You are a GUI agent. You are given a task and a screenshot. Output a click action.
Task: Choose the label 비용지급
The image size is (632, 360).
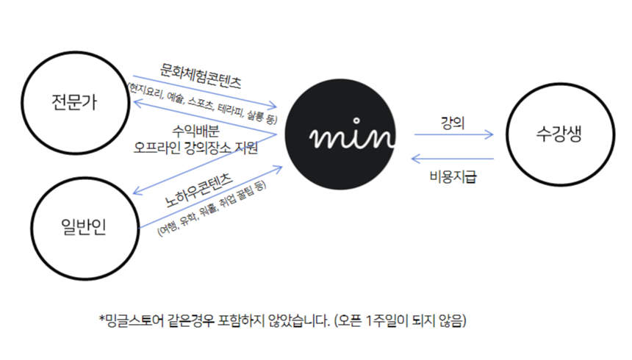pos(453,177)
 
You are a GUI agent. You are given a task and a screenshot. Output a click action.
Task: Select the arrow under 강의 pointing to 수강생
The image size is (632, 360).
pos(453,135)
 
